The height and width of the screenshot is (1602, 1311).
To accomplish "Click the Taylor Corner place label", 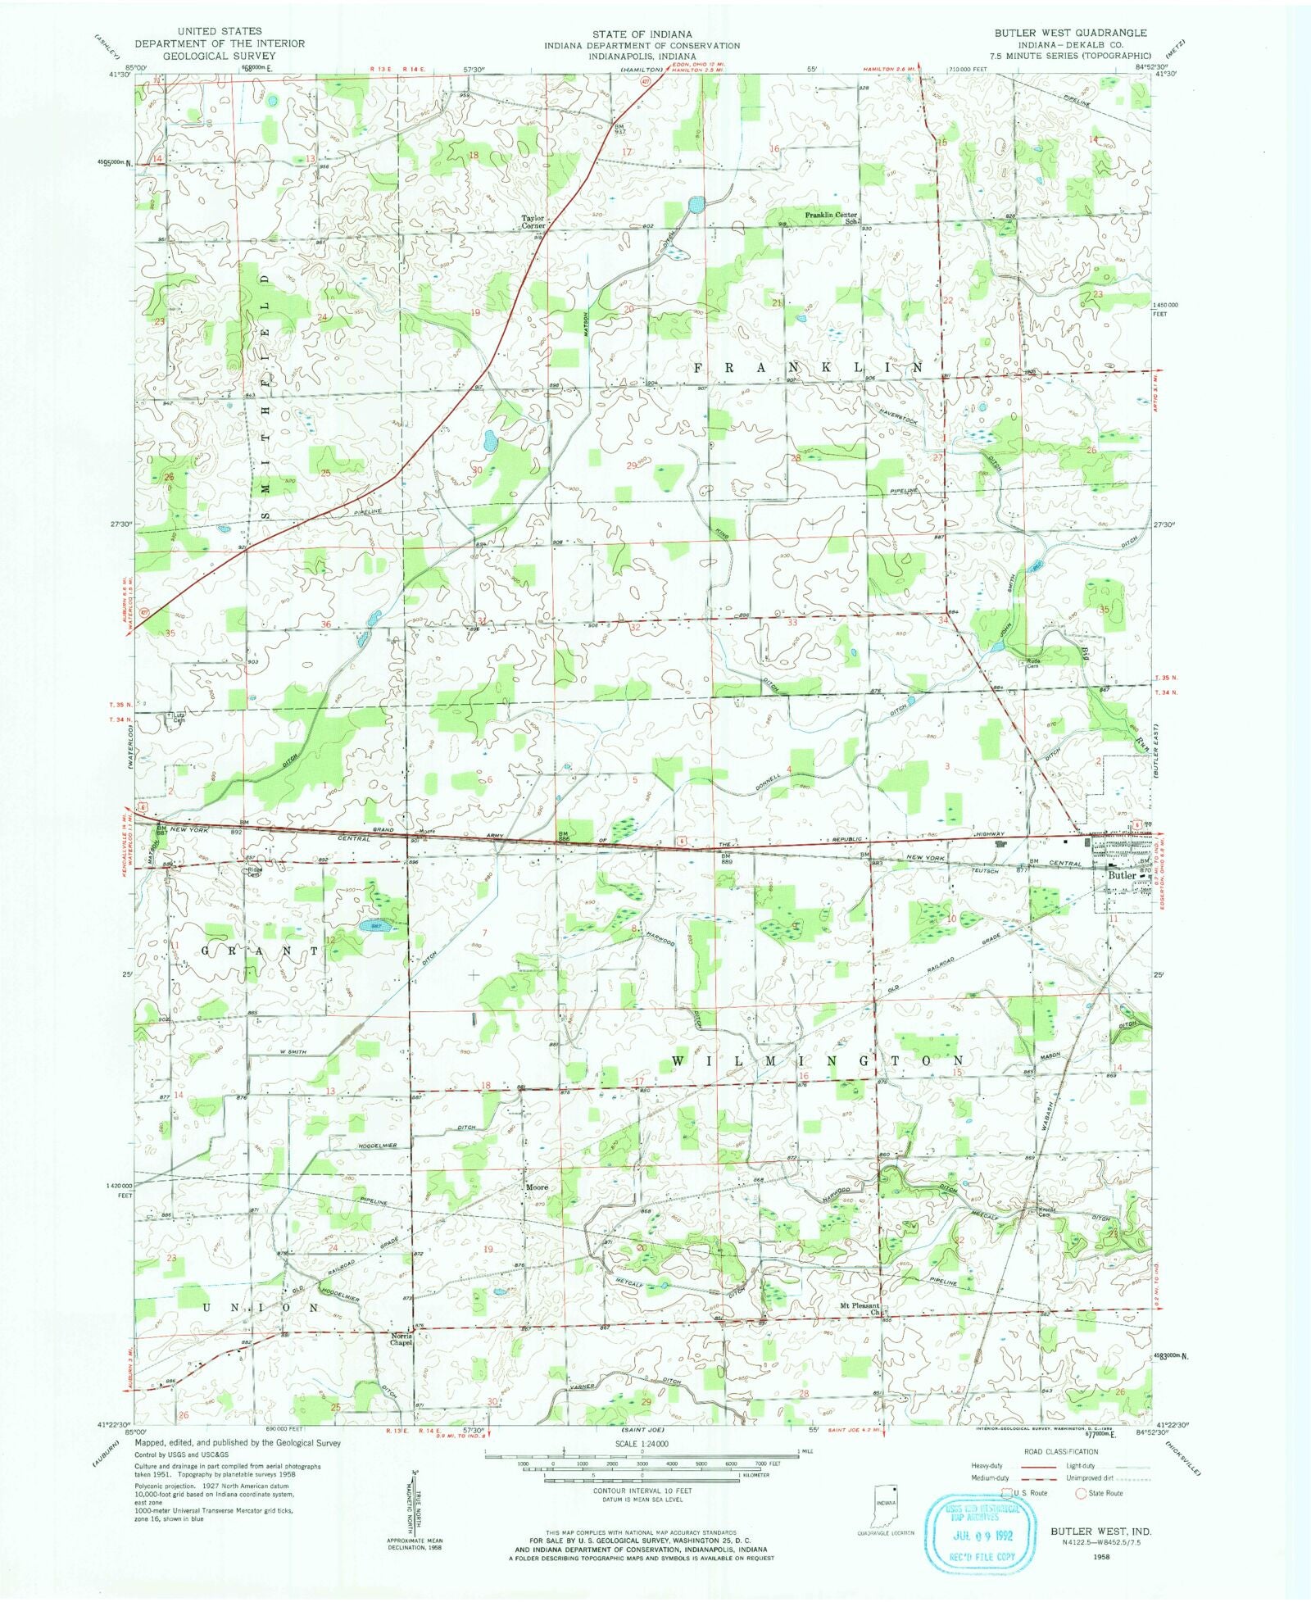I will click(x=533, y=222).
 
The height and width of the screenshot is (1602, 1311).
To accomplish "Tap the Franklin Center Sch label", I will click(x=830, y=217).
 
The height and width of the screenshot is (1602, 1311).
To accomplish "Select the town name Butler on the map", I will click(x=1122, y=875).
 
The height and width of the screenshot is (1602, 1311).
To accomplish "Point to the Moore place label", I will click(x=537, y=1187).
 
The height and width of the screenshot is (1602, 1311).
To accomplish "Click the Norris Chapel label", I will click(x=401, y=1339).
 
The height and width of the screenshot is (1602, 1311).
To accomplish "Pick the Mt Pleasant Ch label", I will click(x=860, y=1309).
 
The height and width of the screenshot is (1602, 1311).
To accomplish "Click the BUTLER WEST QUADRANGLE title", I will click(x=1070, y=33).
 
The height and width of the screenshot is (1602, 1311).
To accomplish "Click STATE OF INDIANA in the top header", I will click(x=641, y=34).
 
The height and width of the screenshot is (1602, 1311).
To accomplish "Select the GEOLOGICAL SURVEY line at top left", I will click(x=219, y=56).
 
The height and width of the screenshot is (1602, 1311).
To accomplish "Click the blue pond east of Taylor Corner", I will click(x=696, y=203).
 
